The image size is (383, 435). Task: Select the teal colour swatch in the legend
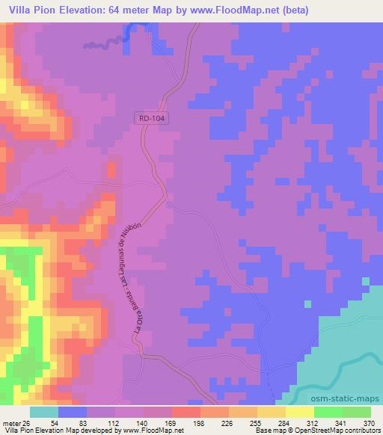click(44, 412)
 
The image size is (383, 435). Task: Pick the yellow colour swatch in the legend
click(300, 412)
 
